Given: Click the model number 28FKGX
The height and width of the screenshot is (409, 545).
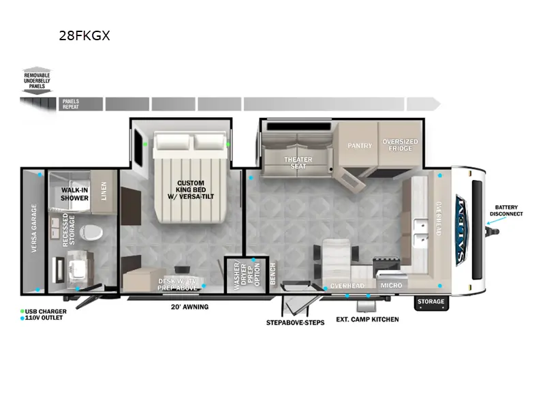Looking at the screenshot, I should coord(84,36).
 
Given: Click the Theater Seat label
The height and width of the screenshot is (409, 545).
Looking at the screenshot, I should coord(298,163).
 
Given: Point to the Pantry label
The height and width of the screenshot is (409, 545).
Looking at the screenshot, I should coord(359,145).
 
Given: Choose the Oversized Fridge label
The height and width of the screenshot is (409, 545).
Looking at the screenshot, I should coord(400,145).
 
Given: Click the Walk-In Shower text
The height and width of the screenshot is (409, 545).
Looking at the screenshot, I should coord(74,194).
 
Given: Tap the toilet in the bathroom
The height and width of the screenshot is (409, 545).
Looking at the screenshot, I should coord(89,233).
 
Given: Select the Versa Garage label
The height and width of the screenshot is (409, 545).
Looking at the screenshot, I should coord(33,228).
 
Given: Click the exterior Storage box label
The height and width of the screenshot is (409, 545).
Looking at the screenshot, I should coord(431,301).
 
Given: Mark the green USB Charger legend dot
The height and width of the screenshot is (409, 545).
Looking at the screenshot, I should coord(22,312).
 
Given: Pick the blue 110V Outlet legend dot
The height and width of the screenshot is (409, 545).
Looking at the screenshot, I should coord(22,318).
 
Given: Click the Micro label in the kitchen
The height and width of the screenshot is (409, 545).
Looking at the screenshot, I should coord(391,285).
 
